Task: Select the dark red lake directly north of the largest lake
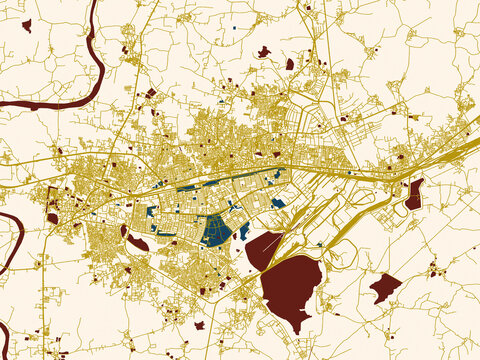[x=264, y=250]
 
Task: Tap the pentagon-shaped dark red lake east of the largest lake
[x=384, y=288]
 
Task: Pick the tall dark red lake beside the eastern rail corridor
[x=414, y=193]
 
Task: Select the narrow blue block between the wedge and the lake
[x=244, y=231]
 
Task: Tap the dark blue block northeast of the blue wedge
[x=278, y=203]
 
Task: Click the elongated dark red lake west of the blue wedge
[x=137, y=243]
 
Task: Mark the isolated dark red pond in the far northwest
[x=26, y=25]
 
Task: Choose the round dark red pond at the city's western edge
[x=52, y=217]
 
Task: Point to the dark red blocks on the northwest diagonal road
[x=150, y=93]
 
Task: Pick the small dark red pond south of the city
[x=199, y=325]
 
